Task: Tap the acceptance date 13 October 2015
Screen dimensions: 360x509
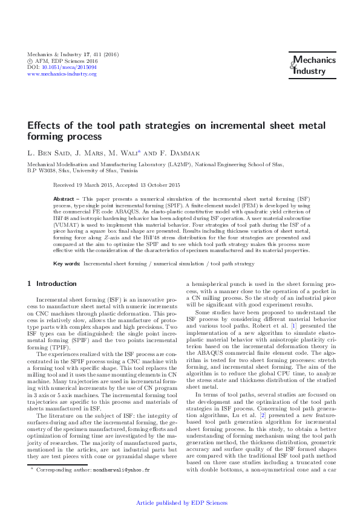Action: (151, 184)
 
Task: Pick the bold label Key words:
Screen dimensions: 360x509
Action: (67, 264)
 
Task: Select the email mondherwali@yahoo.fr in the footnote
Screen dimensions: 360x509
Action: (125, 469)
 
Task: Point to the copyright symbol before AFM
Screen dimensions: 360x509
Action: (31, 61)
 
